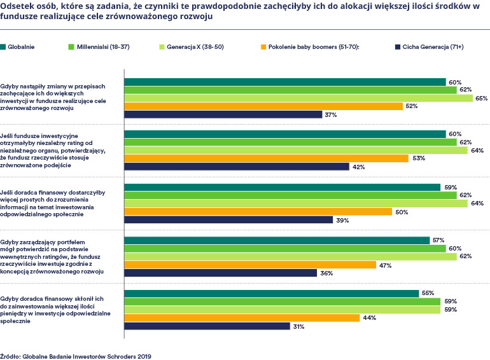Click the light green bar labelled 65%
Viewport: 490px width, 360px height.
298,99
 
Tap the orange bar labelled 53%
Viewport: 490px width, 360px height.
266,158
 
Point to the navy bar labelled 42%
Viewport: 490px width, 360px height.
236,167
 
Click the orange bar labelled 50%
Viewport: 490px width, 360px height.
258,212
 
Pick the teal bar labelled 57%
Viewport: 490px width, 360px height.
277,240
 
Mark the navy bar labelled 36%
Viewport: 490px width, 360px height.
220,273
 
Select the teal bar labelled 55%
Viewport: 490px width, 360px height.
271,293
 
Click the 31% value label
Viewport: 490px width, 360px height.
298,326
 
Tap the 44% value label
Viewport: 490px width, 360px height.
368,318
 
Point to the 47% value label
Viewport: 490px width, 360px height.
385,265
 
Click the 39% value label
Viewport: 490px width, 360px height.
342,220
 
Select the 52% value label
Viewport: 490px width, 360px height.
411,106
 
